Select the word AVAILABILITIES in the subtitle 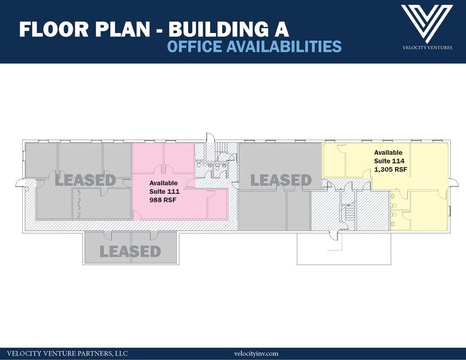284,47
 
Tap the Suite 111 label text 164,192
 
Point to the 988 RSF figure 162,200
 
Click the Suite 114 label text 389,161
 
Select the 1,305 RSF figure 391,170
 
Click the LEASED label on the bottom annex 130,252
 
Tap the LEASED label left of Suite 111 85,180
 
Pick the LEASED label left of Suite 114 281,180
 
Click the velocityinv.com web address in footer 256,353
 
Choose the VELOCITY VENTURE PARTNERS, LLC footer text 67,353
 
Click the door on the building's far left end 20,183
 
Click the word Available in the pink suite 163,183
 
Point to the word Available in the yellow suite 388,152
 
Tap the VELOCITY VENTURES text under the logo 427,48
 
